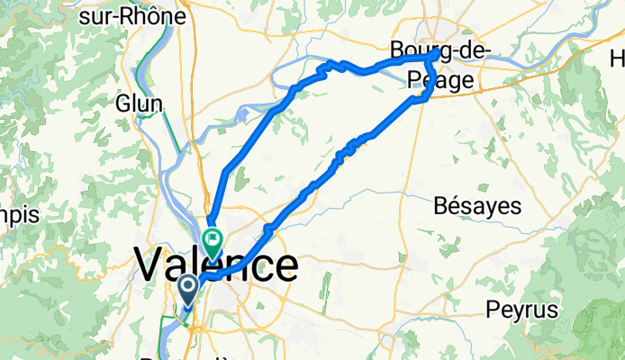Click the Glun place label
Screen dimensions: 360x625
(x=139, y=103)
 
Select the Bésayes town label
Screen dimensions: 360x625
(x=477, y=205)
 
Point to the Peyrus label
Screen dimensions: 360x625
(x=516, y=310)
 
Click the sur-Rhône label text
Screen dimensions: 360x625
(x=145, y=16)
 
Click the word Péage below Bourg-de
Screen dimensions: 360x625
(x=446, y=81)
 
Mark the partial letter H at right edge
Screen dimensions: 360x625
(x=618, y=59)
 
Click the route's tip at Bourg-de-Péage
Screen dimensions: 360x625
(x=437, y=54)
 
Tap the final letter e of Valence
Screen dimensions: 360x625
(x=284, y=267)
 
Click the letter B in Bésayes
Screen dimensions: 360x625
(x=440, y=205)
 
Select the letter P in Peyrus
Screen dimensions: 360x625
(x=491, y=310)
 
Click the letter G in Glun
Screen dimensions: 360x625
(x=122, y=103)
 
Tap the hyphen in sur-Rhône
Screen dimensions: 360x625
(x=136, y=17)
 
